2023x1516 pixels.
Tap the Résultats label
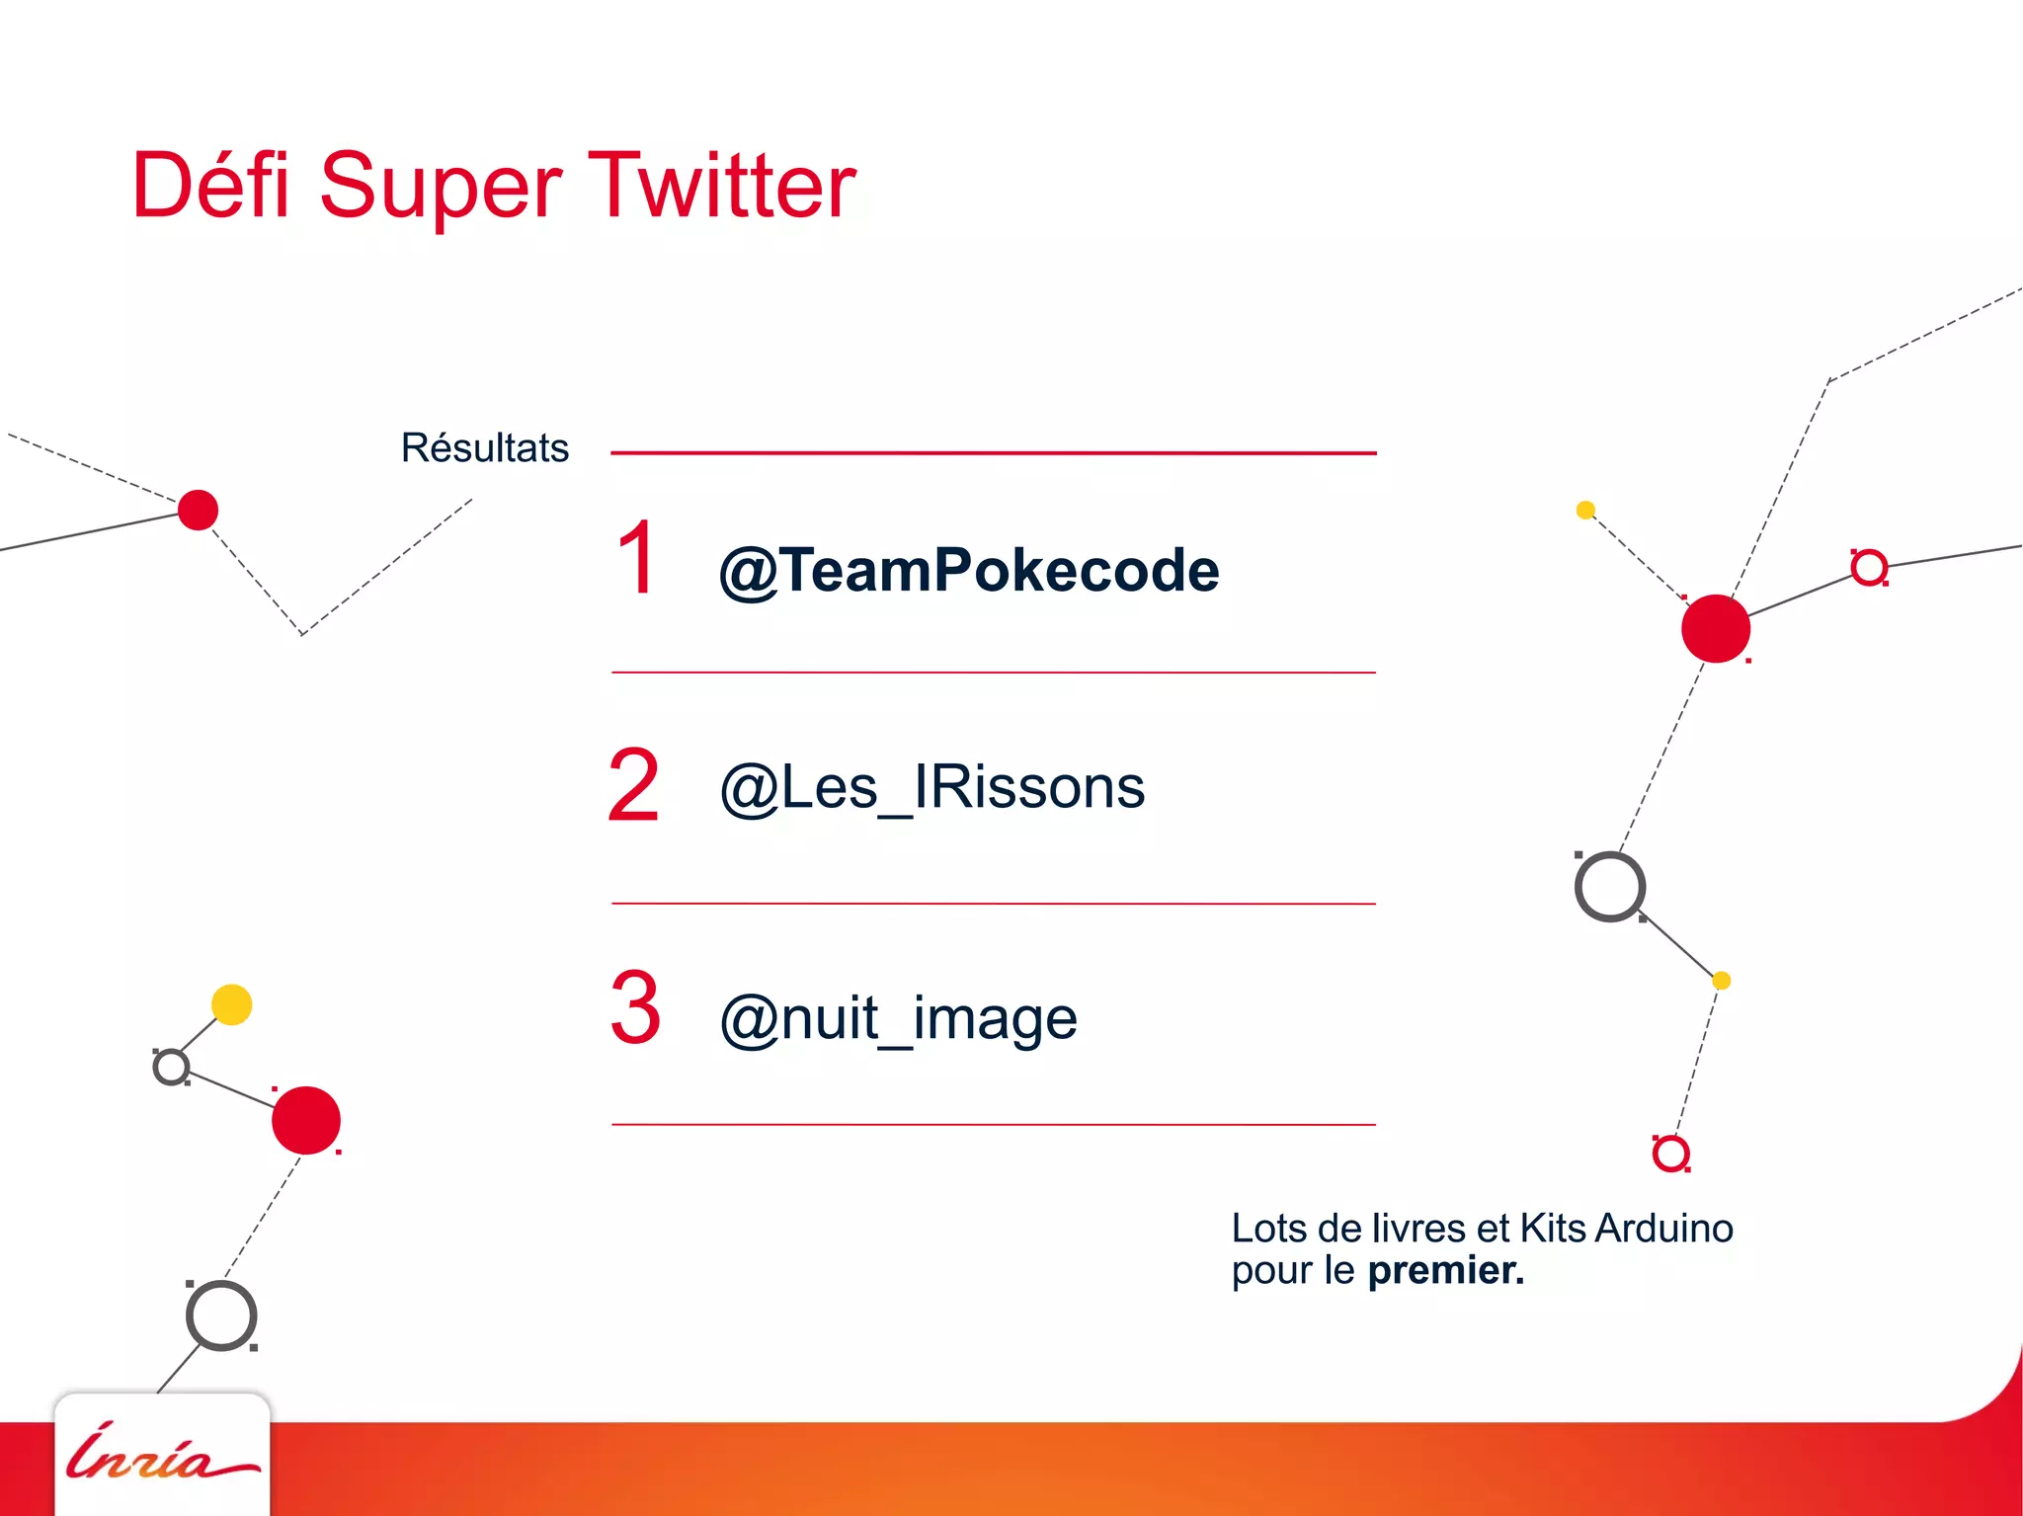pos(484,448)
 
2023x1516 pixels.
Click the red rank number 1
pos(636,559)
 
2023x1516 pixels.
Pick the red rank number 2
pos(633,786)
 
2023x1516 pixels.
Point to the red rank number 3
pos(635,1008)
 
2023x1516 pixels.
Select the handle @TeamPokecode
pos(969,571)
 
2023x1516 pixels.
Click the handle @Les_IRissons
pos(932,788)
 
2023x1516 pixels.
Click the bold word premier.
pos(1445,1271)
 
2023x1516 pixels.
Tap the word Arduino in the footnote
pos(1664,1229)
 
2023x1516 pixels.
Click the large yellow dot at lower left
pos(232,1004)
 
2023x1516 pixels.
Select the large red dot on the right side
pos(1716,628)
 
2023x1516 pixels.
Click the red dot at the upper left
pos(198,510)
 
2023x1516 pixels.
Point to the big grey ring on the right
pos(1610,886)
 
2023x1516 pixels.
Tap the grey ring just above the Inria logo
pos(221,1317)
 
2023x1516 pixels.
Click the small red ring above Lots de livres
pos(1670,1153)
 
